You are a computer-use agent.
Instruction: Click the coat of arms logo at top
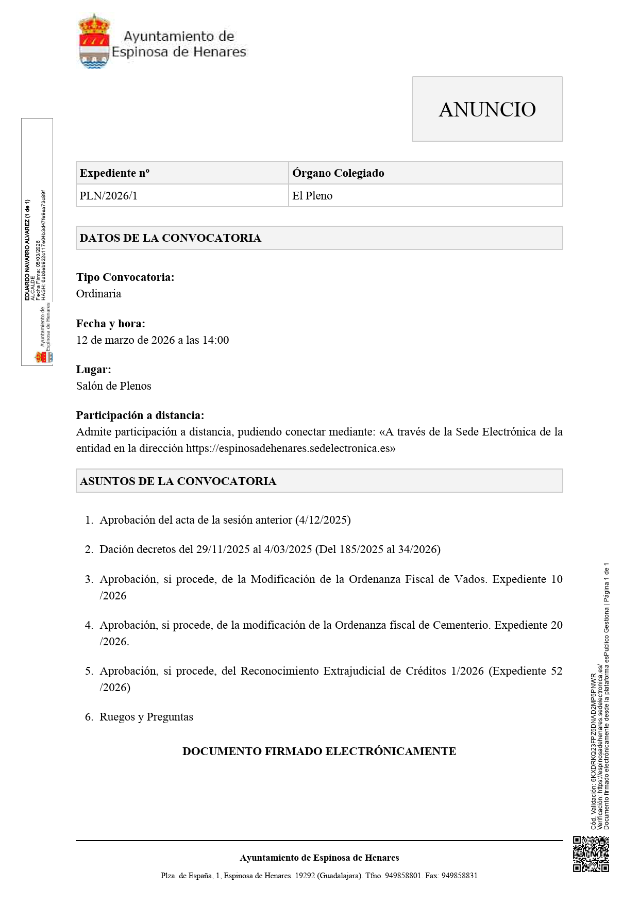tap(94, 42)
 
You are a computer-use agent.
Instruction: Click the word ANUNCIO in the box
tap(487, 109)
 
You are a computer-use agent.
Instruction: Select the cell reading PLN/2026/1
tap(108, 196)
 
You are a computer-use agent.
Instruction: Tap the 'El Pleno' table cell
tap(312, 196)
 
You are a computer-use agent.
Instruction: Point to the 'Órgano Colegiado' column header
tap(338, 173)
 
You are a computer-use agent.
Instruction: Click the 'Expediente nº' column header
tap(114, 173)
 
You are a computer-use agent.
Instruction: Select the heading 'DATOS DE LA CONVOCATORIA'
tap(170, 238)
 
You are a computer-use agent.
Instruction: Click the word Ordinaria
tap(98, 294)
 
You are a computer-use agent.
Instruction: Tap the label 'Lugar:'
tap(93, 370)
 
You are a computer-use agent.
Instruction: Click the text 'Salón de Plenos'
tap(113, 386)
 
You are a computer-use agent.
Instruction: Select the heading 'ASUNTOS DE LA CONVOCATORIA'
tap(178, 481)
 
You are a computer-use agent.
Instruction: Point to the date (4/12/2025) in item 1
tap(323, 520)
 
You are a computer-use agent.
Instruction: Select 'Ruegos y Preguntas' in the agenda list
tap(146, 717)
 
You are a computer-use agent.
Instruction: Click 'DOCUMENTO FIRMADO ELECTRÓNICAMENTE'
tap(319, 751)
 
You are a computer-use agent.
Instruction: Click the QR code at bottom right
tap(591, 854)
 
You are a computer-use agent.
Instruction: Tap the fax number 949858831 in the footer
tap(460, 876)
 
